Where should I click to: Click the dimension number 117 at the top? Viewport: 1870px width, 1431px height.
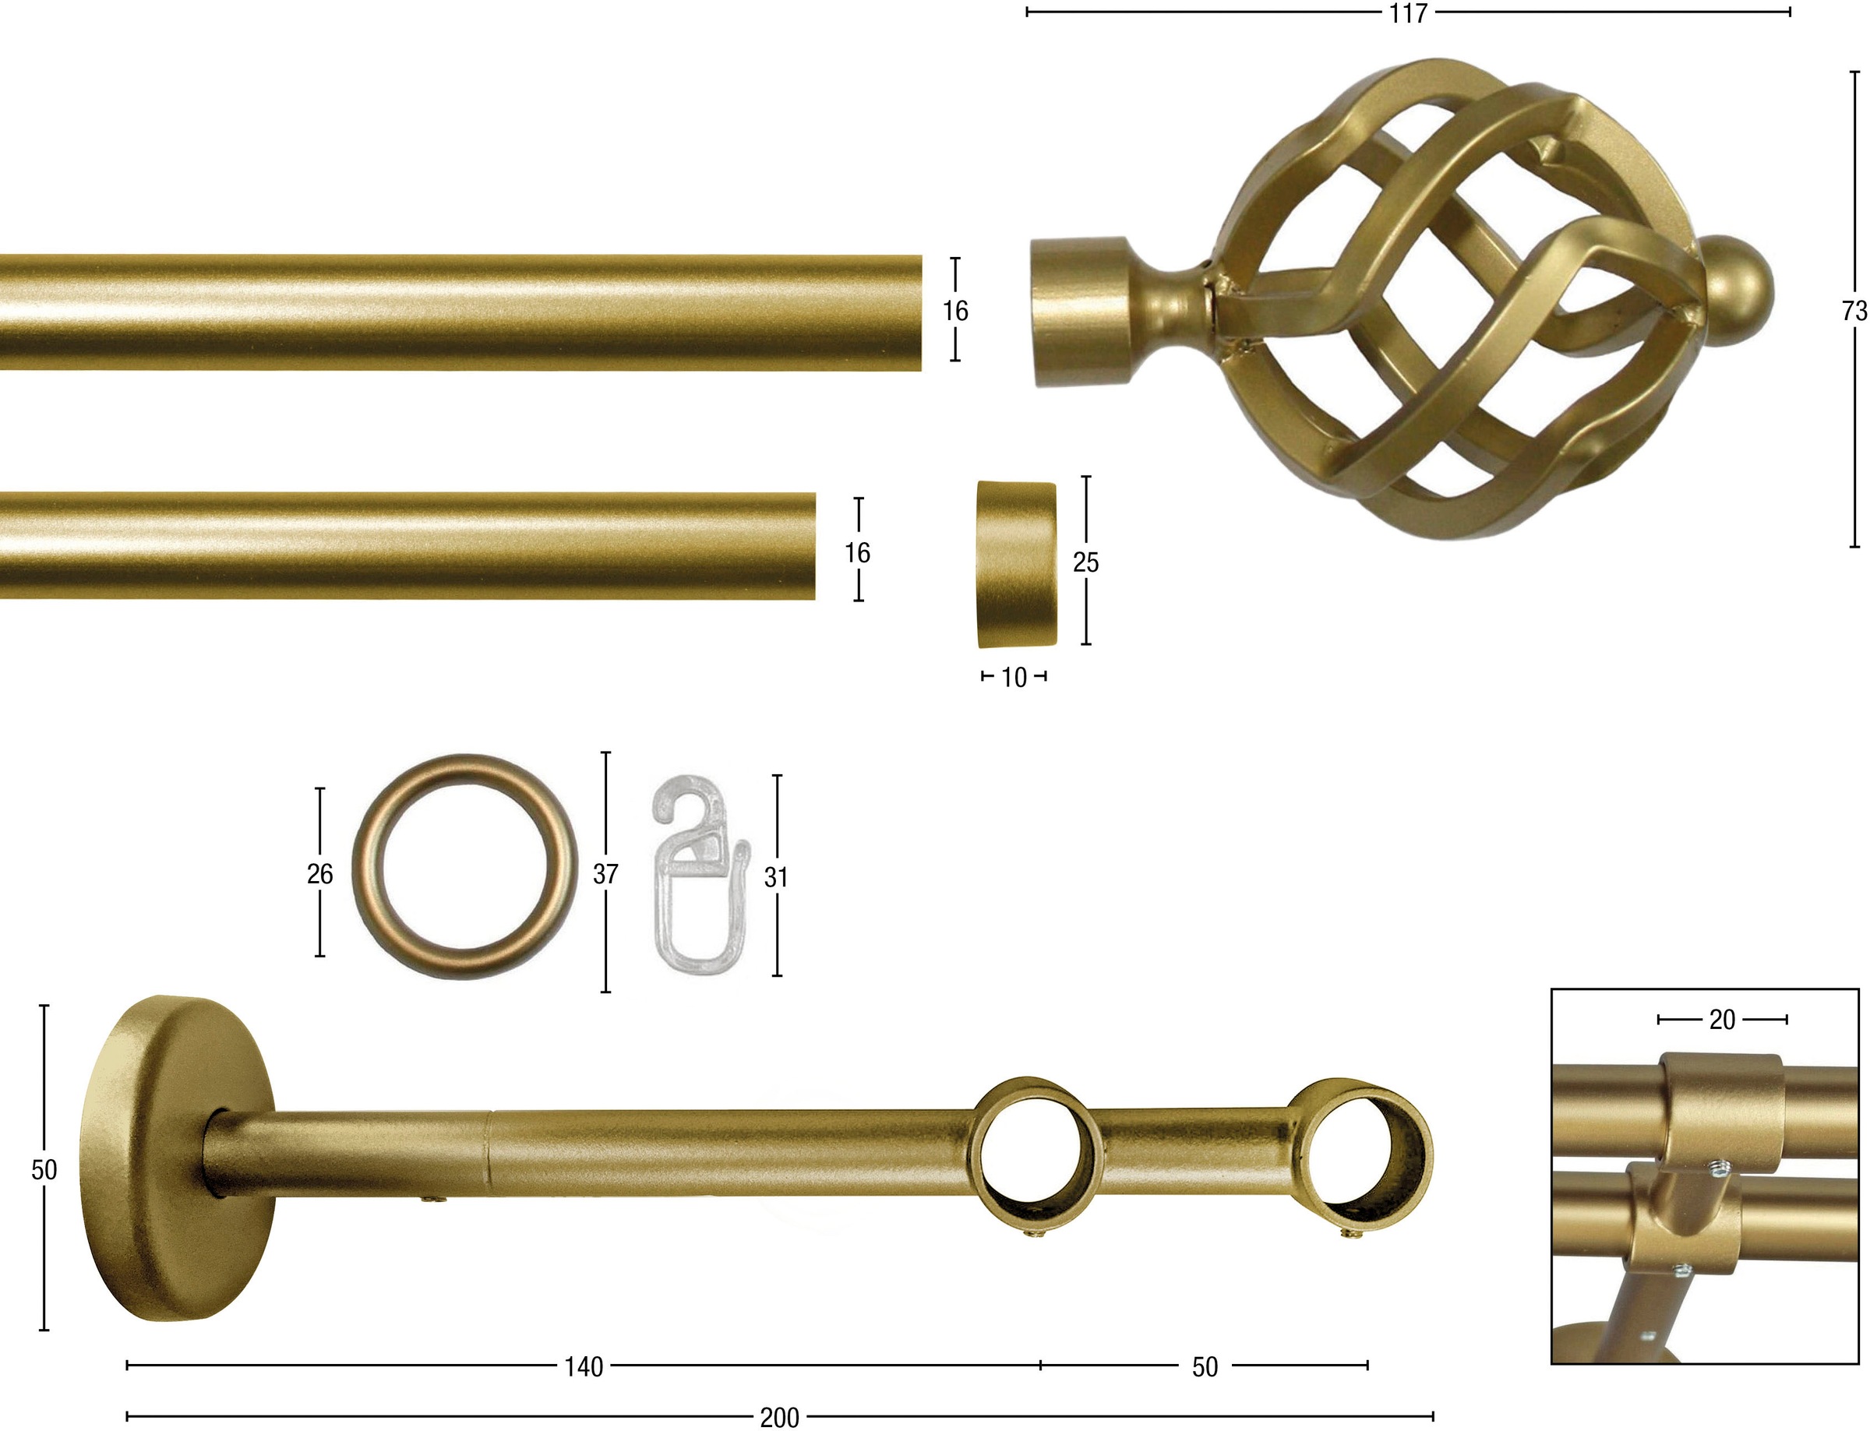1408,13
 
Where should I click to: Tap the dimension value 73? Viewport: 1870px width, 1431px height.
1854,312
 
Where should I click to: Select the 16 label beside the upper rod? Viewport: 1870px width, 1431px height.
955,311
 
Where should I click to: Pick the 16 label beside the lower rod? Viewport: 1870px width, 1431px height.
857,553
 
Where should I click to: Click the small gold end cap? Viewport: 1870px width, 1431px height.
1015,563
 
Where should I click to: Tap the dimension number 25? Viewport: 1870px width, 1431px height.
1085,562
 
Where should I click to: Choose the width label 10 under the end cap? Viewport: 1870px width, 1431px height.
1014,677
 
